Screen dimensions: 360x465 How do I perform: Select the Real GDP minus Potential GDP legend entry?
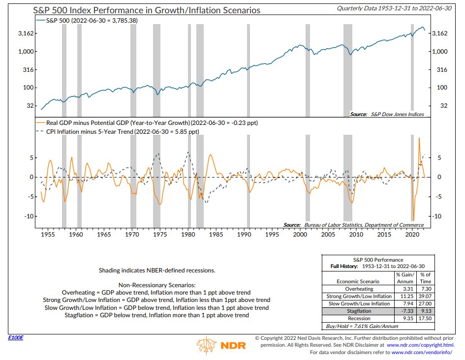(150, 122)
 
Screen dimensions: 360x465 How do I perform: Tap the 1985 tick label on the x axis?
(216, 235)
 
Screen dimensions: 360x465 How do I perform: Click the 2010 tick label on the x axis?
(356, 235)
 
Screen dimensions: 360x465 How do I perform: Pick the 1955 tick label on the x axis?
(48, 235)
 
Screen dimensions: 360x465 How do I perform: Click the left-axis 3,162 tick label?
(22, 33)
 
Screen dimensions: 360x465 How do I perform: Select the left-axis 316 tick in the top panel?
(26, 70)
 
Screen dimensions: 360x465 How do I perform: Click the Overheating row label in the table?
(359, 289)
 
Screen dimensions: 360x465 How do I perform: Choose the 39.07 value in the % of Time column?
(426, 296)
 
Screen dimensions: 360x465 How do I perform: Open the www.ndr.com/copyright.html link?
(425, 345)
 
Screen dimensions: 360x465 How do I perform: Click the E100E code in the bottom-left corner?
(16, 338)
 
